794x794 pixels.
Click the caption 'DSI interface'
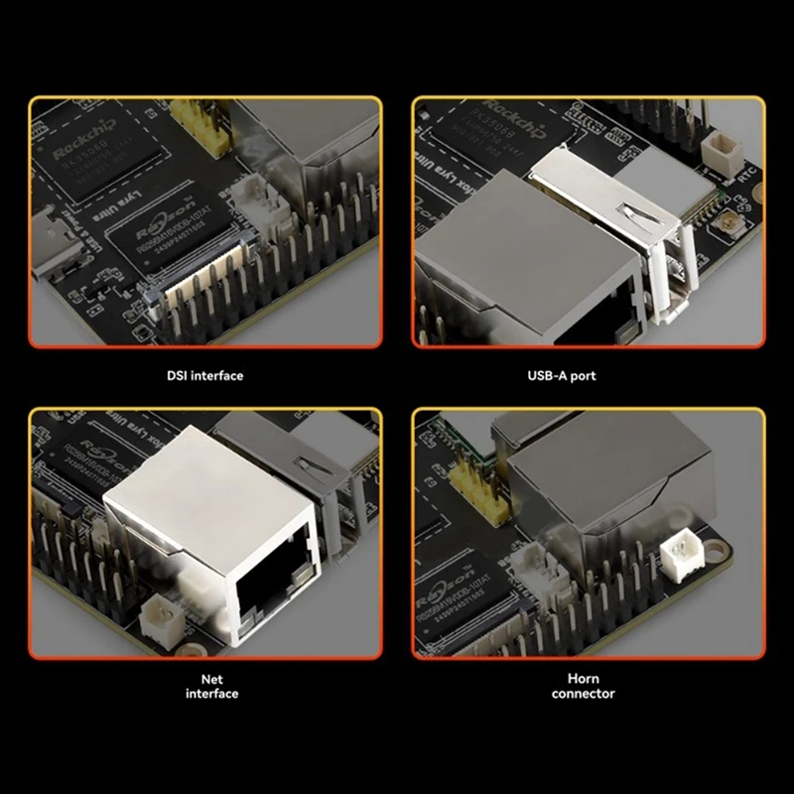click(204, 376)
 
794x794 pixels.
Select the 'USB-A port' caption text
click(589, 376)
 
